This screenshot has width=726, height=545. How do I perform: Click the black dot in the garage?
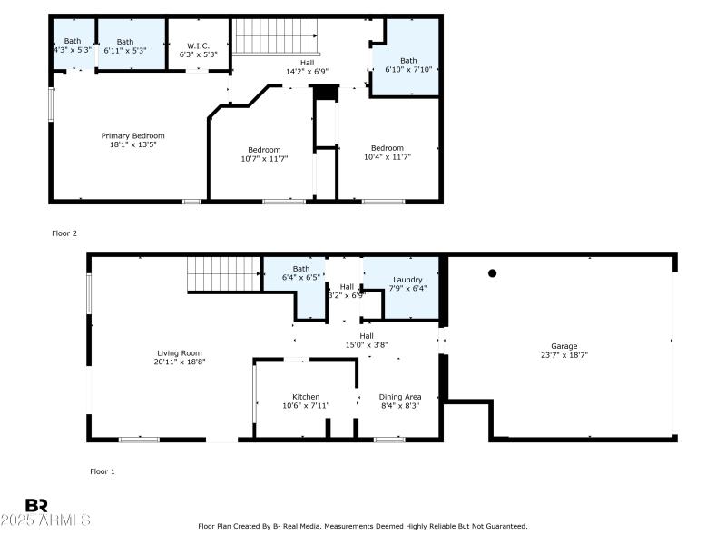[493, 272]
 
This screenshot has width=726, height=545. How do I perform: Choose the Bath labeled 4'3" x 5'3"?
[73, 45]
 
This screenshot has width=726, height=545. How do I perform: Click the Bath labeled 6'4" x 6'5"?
[301, 273]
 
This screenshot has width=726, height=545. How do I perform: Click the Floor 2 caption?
[64, 233]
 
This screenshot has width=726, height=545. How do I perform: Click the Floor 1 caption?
[103, 471]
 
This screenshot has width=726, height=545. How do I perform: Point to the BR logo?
[36, 505]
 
